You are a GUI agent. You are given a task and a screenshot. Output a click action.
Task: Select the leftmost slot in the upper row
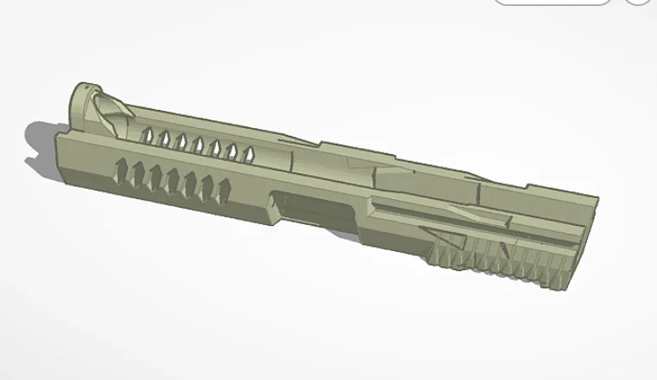pos(148,134)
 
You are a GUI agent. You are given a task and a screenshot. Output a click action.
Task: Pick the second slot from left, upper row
pos(164,137)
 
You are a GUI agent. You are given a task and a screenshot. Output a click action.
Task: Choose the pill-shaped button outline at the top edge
pos(552,3)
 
